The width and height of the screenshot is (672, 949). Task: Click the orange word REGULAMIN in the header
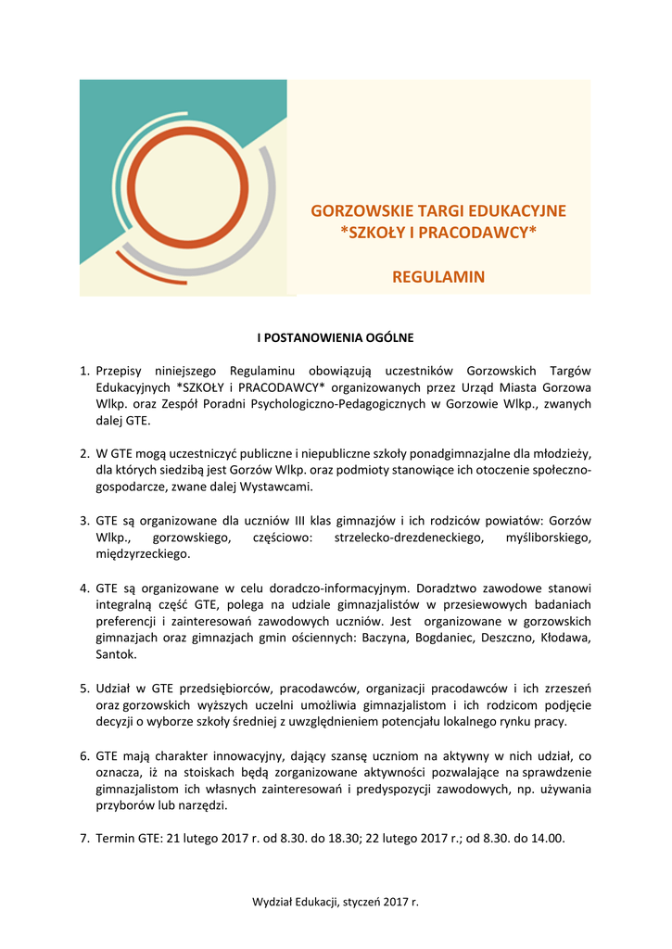tap(438, 277)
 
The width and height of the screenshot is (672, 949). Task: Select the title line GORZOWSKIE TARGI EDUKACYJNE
tap(438, 211)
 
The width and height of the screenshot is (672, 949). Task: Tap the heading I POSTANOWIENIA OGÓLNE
tap(336, 337)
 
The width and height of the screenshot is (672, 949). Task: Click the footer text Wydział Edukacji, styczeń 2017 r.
tap(336, 901)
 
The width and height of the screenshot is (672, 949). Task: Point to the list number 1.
tap(83, 371)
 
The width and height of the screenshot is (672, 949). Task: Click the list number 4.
tap(83, 588)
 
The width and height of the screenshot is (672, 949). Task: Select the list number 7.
tap(83, 839)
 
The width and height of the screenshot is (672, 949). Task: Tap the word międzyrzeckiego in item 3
tap(143, 554)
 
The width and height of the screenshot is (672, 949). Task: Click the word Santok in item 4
tap(116, 654)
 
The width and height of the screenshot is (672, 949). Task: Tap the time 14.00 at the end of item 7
tap(546, 839)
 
